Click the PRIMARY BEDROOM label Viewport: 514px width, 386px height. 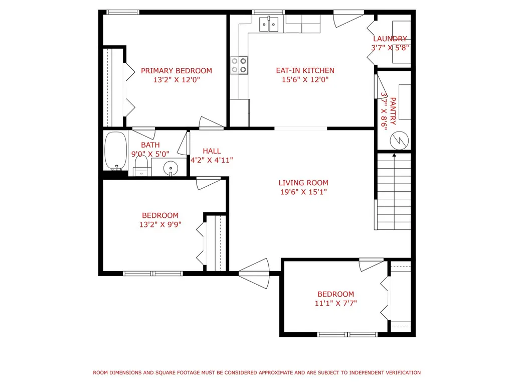pos(177,71)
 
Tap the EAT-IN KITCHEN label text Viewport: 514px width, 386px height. pos(305,70)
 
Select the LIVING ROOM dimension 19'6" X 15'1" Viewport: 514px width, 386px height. pos(303,192)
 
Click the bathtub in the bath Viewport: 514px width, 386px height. pos(116,151)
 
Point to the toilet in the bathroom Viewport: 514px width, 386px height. pos(141,166)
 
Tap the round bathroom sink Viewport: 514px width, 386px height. pos(170,169)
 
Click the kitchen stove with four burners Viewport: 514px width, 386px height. pos(239,65)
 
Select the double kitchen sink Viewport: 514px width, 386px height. pos(269,24)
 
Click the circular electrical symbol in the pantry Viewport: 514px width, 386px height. pos(399,141)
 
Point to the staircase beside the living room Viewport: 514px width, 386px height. pos(393,191)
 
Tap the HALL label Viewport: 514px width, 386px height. pos(212,151)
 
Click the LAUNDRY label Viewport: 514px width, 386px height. pos(390,39)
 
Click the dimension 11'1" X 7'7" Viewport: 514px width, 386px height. pos(335,303)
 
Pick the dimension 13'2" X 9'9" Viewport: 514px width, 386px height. pos(160,224)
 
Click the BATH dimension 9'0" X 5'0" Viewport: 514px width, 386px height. pos(150,154)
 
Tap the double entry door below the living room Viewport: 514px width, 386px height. pos(254,274)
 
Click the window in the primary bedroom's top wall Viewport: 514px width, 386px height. pos(122,12)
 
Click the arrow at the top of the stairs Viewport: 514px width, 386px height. pos(394,154)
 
